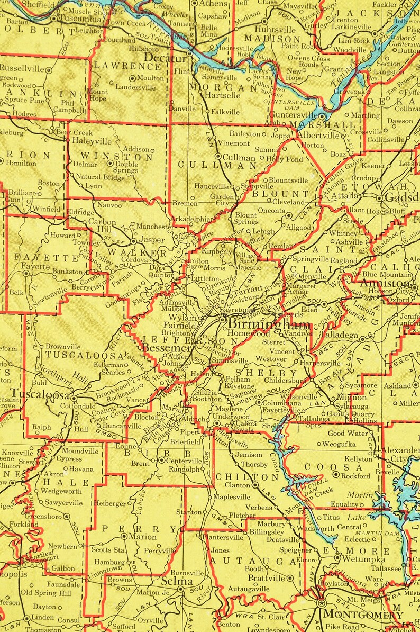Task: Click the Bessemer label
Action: point(166,348)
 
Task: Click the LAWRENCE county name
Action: point(127,66)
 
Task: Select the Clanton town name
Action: point(237,485)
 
